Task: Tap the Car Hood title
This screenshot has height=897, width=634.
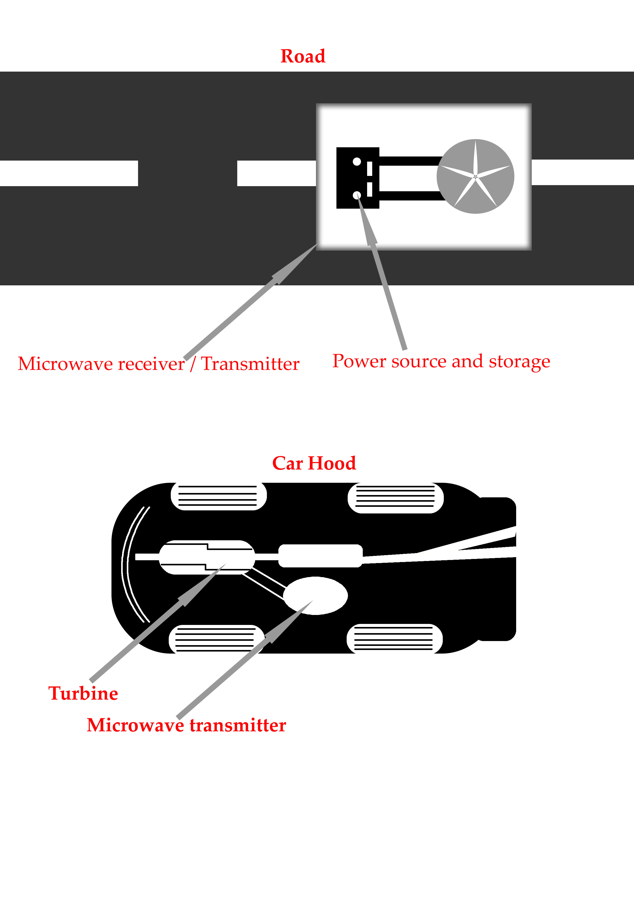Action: pyautogui.click(x=314, y=463)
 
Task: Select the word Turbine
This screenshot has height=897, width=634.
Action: pyautogui.click(x=83, y=693)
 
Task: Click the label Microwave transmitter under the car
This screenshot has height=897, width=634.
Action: pyautogui.click(x=186, y=725)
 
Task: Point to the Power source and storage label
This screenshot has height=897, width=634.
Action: pyautogui.click(x=441, y=361)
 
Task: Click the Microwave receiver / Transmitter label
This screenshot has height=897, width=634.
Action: pyautogui.click(x=158, y=364)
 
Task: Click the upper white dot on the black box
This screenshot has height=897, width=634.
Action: pyautogui.click(x=357, y=161)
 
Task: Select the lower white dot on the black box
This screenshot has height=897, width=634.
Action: pyautogui.click(x=357, y=195)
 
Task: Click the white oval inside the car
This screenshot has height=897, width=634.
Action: pyautogui.click(x=315, y=595)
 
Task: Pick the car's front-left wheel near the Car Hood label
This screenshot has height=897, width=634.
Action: pyautogui.click(x=219, y=496)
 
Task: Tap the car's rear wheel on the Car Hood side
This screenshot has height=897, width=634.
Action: pyautogui.click(x=395, y=498)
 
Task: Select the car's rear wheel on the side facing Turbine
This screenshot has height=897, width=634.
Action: pyautogui.click(x=394, y=638)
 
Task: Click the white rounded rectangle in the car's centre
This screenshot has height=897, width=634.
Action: pyautogui.click(x=320, y=556)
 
